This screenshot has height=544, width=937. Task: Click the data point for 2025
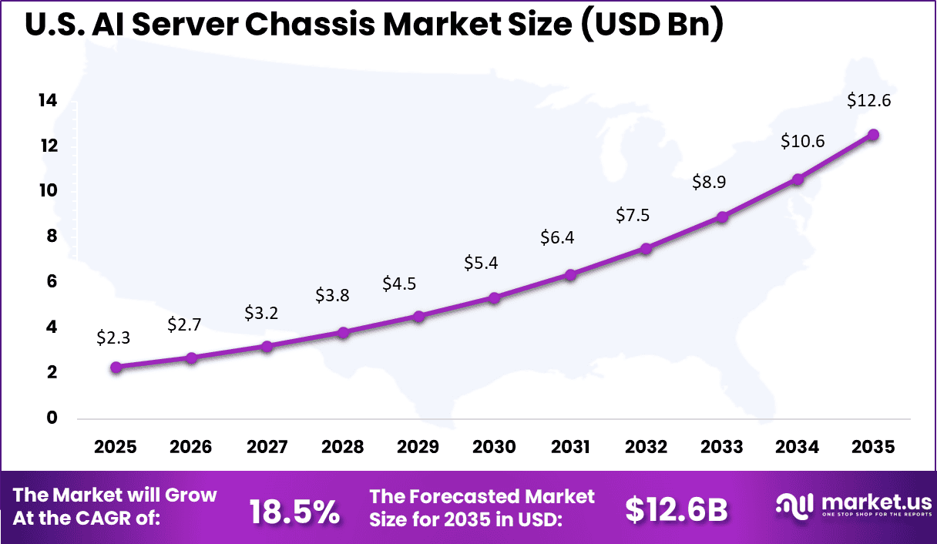(116, 368)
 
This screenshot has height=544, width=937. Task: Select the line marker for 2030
(495, 297)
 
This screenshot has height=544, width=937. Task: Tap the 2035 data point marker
(873, 135)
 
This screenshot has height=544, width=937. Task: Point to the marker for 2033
(722, 217)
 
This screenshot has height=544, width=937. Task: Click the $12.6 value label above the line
(868, 100)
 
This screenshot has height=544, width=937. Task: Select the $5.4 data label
(481, 263)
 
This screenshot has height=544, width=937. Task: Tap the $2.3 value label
(113, 337)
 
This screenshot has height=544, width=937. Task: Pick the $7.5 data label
(633, 215)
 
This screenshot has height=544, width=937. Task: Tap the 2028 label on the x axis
(343, 448)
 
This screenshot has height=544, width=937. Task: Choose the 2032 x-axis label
(646, 448)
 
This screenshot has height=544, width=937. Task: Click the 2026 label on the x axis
(191, 448)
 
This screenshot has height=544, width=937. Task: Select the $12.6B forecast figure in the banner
(676, 509)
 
